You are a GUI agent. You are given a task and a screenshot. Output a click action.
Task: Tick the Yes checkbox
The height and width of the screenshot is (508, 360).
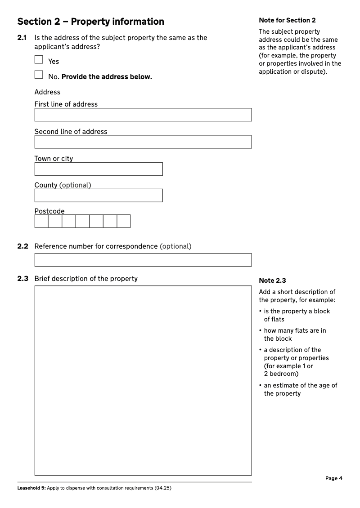coord(39,59)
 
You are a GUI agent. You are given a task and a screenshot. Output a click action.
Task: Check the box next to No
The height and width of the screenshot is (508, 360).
coord(39,75)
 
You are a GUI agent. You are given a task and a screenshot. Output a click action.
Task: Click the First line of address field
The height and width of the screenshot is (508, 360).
coord(143,115)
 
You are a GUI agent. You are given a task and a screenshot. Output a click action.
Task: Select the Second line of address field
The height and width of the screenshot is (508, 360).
coord(143,142)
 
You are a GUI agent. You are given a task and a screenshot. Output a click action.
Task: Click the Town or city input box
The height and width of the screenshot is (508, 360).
coord(98,169)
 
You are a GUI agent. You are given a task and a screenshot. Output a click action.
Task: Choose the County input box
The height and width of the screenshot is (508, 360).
coord(98,196)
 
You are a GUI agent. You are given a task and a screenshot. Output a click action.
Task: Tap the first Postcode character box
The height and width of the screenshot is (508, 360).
coord(41,221)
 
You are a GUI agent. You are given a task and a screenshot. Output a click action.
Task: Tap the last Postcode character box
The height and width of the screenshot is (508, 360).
coord(124,221)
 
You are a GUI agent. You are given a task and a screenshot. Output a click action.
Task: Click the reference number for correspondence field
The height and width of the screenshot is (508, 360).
coord(143,260)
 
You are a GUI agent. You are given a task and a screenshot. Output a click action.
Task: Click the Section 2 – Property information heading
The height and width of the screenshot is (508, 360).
coord(90,22)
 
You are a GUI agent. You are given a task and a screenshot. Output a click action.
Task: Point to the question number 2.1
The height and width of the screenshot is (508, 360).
coord(22,38)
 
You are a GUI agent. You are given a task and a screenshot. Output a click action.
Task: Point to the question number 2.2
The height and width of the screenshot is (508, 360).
coord(22,246)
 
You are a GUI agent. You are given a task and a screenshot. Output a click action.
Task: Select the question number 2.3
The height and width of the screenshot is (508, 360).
coord(22,279)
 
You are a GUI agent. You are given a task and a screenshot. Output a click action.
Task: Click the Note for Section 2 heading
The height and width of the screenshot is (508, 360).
coord(287,20)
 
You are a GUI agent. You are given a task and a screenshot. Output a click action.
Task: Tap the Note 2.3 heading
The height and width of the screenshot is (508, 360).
coord(272,281)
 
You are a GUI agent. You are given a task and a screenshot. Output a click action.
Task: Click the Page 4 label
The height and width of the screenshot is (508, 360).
coord(334,478)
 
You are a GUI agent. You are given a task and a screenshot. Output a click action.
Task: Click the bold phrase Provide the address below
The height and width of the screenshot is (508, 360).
coord(107,77)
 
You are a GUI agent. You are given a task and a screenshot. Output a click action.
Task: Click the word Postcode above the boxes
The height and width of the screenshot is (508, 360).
coord(49,211)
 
